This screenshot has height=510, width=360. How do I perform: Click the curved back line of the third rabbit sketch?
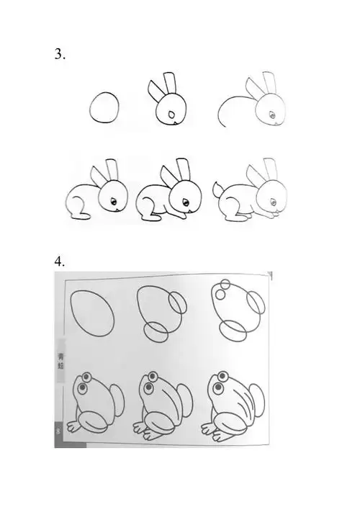(x=233, y=105)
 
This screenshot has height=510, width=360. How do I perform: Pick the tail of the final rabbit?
(x=217, y=191)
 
